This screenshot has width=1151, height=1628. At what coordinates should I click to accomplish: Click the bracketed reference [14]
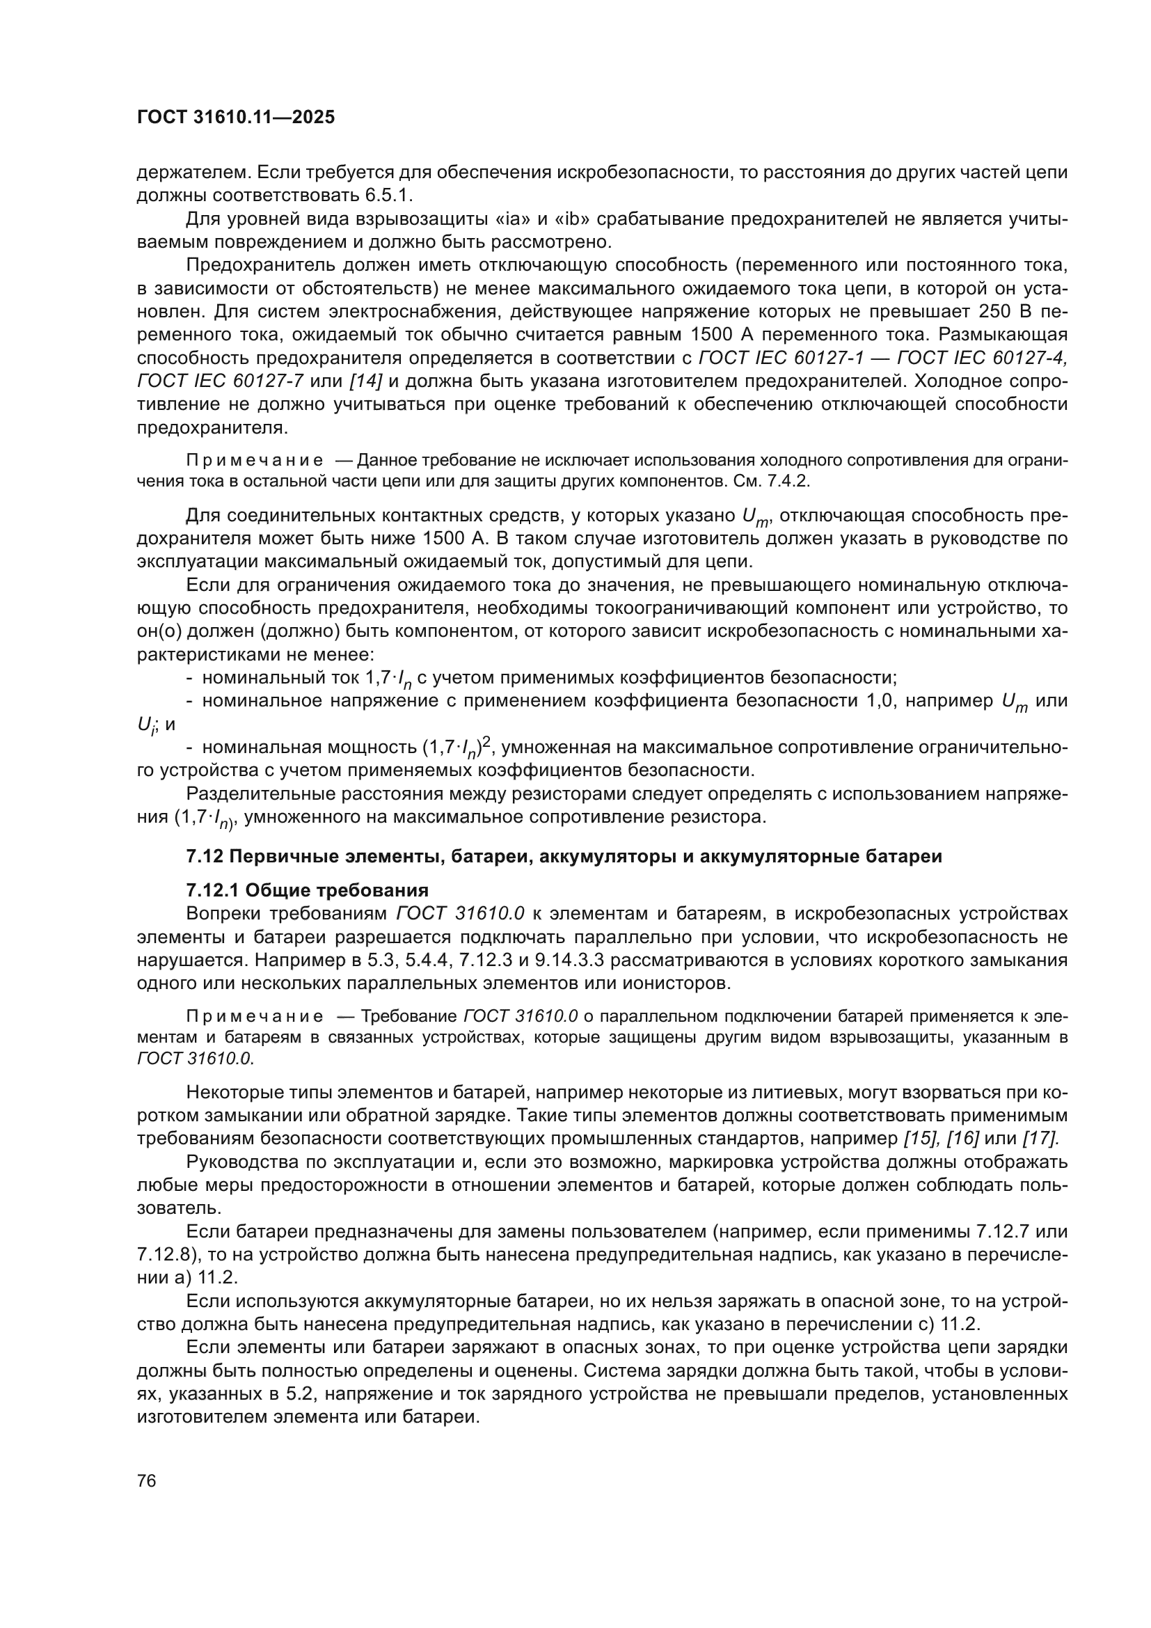coord(366,381)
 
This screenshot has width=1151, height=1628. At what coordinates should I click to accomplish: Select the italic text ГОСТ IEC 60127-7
coord(221,381)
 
